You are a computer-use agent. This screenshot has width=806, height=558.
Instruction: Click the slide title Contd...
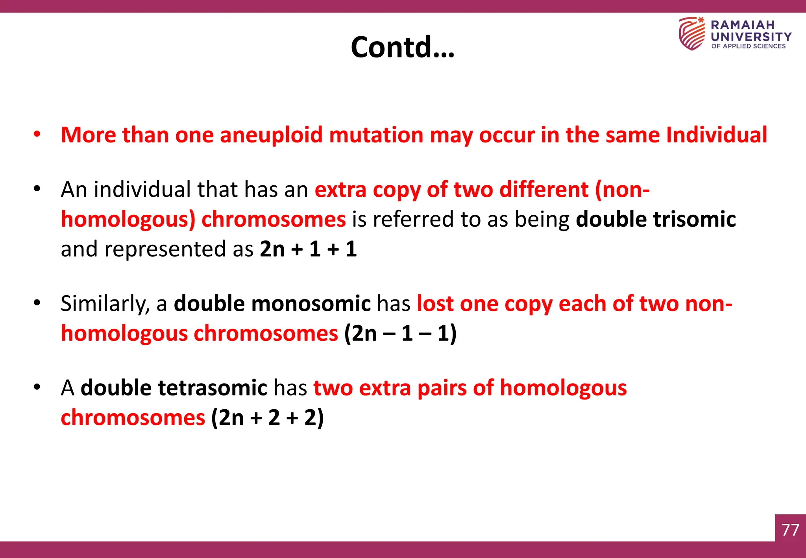coord(402,47)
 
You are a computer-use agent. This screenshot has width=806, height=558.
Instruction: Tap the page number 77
coord(790,530)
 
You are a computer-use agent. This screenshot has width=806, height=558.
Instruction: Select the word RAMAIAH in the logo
coord(742,25)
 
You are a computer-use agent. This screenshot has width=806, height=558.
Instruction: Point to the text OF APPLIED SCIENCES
coord(748,46)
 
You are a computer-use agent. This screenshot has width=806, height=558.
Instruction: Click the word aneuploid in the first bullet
coord(271,135)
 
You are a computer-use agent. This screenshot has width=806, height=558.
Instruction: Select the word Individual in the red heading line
coord(716,135)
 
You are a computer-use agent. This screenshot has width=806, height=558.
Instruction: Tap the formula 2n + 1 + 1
coord(308,249)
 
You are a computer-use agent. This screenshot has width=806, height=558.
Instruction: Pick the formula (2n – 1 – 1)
coord(400,333)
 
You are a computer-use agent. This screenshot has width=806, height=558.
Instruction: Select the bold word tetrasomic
coord(213,388)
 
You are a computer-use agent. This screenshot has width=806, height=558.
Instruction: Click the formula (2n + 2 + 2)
coord(267,418)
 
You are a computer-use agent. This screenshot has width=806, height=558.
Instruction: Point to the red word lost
coord(435,304)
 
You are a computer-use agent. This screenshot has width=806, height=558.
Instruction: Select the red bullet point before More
coord(37,134)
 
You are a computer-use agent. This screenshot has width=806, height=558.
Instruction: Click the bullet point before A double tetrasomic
coord(37,387)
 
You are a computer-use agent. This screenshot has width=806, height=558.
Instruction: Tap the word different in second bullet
coord(543,190)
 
